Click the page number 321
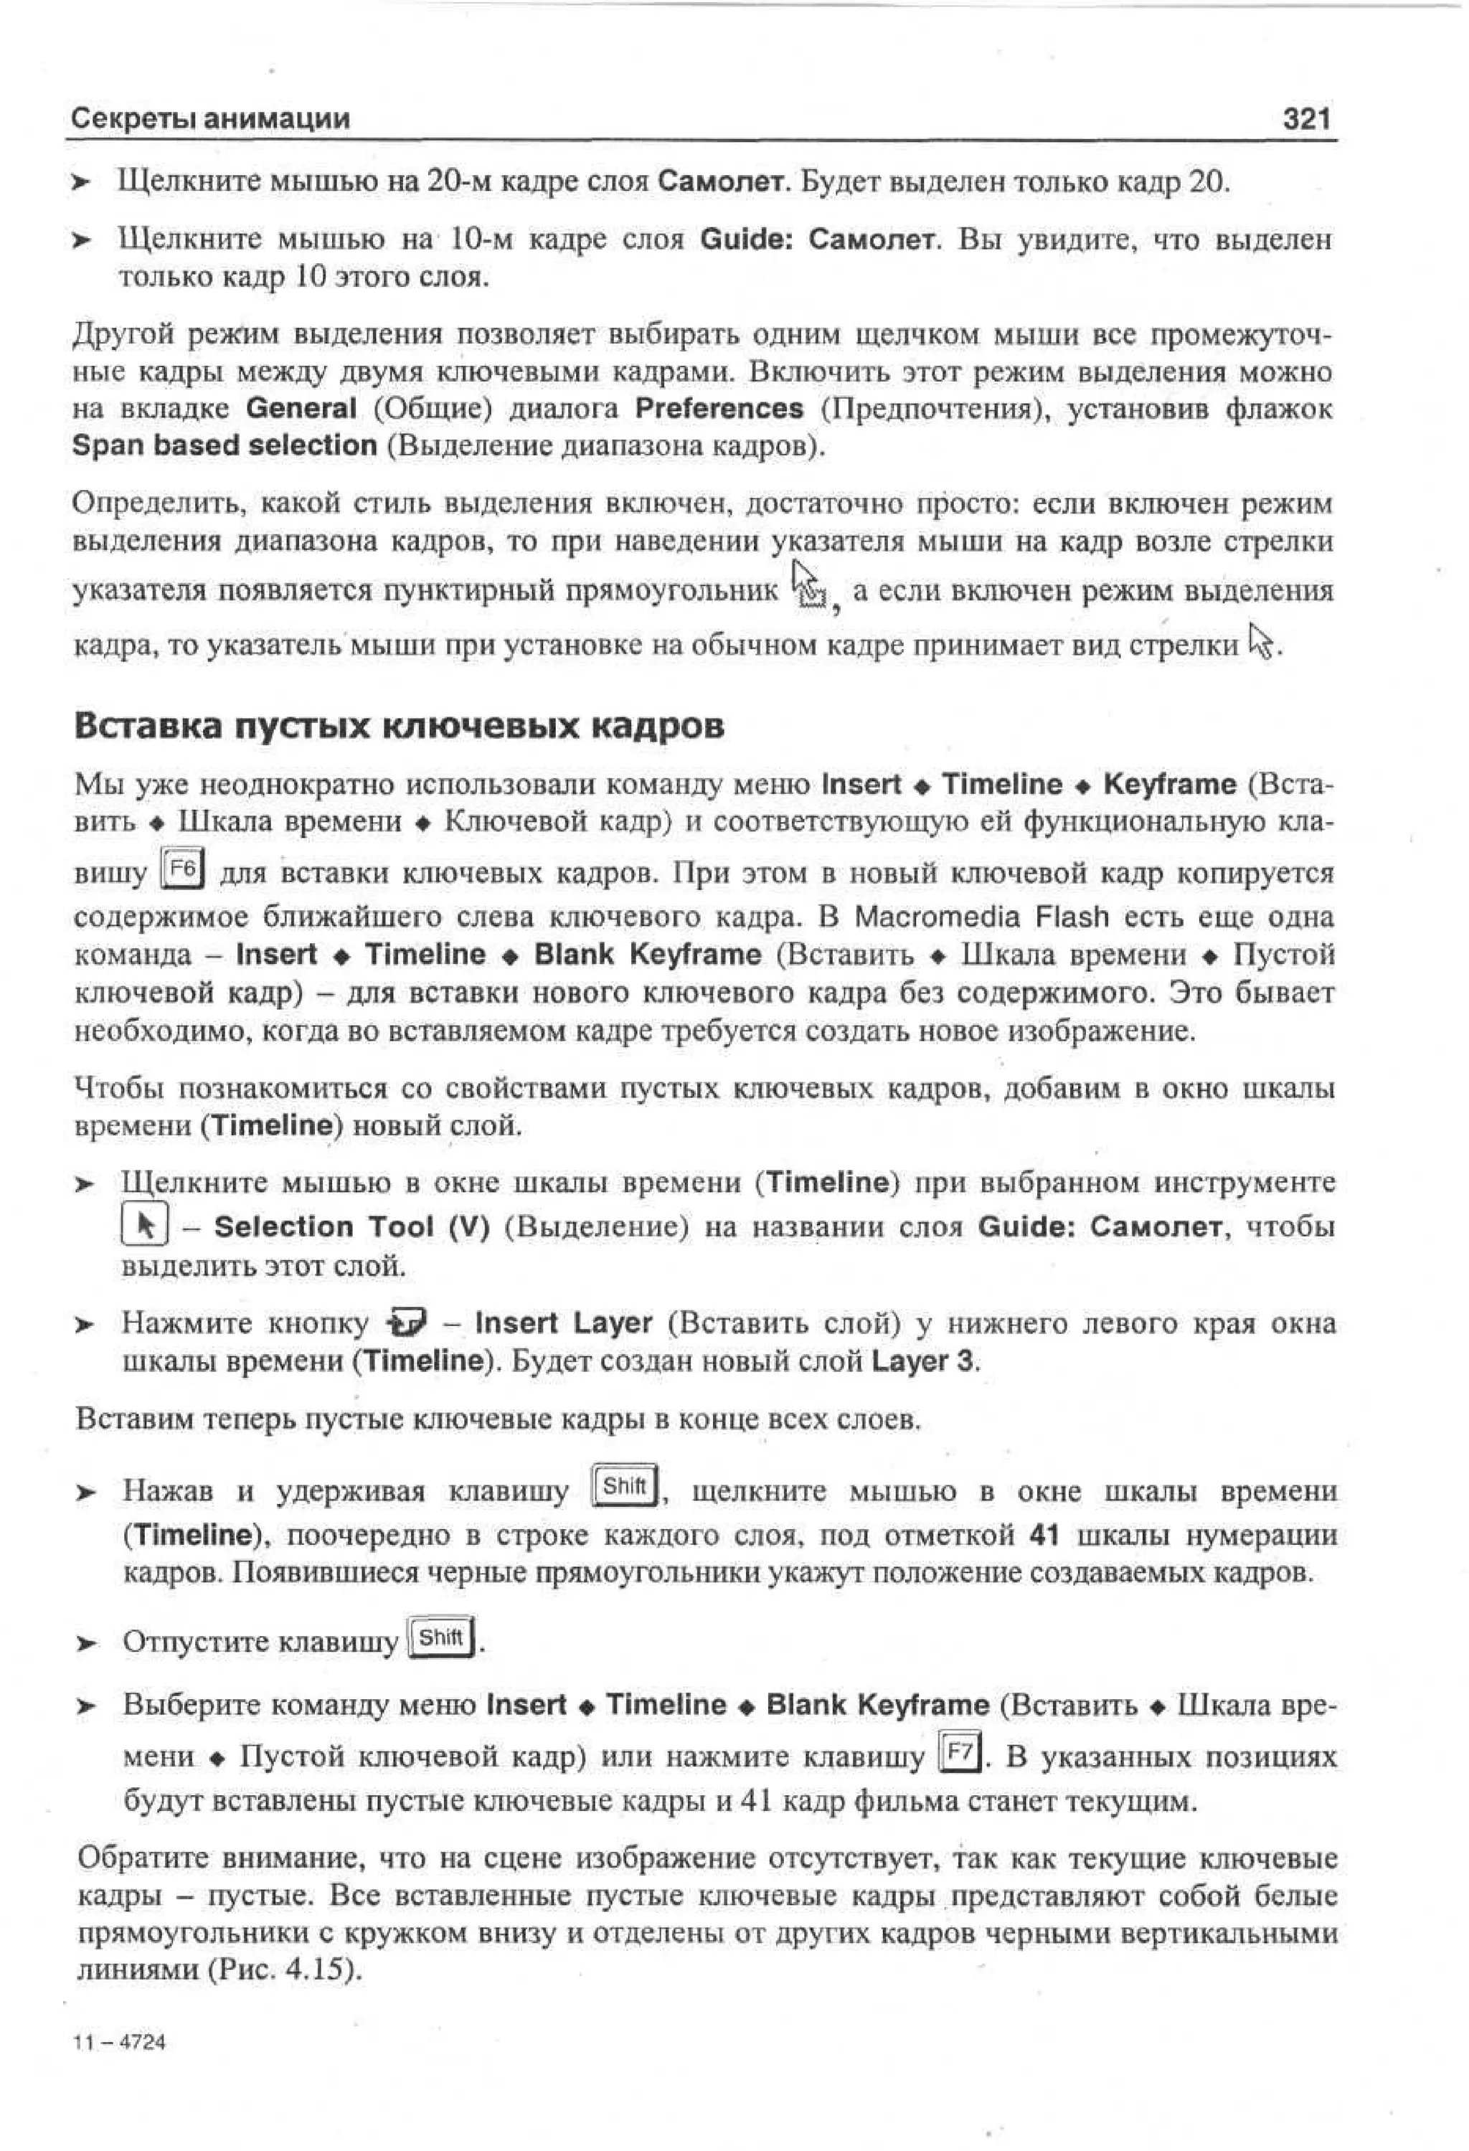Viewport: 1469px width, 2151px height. click(1306, 118)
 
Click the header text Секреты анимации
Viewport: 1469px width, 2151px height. click(211, 118)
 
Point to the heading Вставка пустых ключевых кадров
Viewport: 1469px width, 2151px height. click(398, 726)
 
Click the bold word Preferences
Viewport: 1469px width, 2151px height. click(719, 408)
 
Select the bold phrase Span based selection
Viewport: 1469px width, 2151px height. click(225, 446)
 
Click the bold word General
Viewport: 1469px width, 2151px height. click(302, 408)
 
